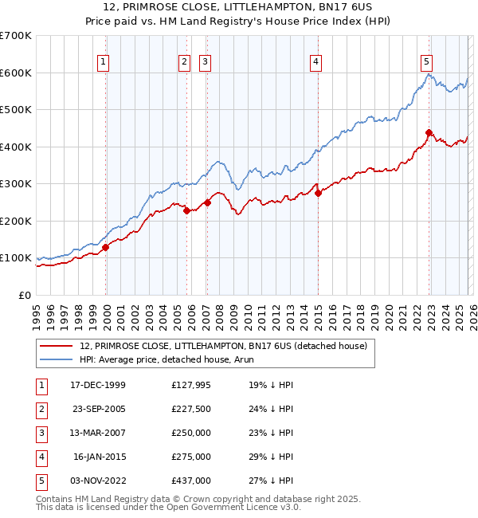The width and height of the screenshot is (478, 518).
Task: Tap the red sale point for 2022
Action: tap(429, 133)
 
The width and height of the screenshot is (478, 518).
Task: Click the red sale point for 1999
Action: tap(105, 247)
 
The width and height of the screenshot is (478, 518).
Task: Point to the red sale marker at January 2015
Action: tap(318, 193)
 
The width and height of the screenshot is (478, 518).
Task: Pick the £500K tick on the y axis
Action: tap(16, 109)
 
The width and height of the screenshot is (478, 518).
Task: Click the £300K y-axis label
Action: tap(16, 183)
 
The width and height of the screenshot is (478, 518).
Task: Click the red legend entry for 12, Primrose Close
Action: tap(223, 346)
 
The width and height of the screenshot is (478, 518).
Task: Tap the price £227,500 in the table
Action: tap(191, 409)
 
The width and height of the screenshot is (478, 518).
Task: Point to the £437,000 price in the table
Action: tap(191, 481)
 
